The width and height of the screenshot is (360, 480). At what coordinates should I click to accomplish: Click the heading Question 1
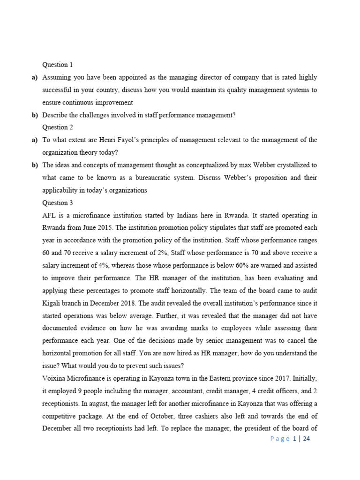(x=58, y=65)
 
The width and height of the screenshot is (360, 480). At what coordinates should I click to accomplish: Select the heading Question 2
(x=58, y=127)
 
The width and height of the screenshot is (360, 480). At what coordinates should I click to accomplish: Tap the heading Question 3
(x=58, y=203)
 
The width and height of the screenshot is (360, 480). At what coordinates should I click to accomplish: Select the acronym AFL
(x=49, y=216)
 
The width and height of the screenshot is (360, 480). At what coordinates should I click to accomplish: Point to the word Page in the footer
(x=280, y=439)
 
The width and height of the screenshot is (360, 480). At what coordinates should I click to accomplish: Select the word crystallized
(x=290, y=165)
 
